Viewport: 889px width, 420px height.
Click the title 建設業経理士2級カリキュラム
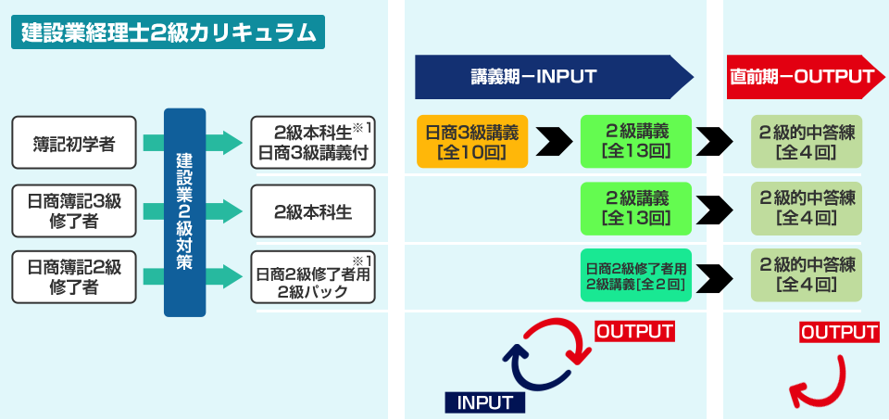tap(167, 32)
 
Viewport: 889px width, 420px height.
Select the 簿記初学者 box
tap(74, 143)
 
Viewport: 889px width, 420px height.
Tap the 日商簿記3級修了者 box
tap(74, 210)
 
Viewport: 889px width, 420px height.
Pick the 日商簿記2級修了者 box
tap(74, 277)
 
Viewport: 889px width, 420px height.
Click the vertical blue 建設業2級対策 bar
tap(184, 211)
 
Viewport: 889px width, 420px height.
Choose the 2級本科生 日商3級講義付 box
tap(314, 143)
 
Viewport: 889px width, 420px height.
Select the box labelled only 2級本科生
tap(314, 210)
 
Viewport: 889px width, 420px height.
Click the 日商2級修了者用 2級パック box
tap(314, 277)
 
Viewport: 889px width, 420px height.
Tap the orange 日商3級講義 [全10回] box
tap(471, 142)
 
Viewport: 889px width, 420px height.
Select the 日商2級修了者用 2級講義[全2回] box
tap(635, 276)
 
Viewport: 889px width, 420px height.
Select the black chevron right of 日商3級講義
tap(554, 142)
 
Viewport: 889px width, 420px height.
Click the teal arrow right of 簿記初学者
tap(225, 143)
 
